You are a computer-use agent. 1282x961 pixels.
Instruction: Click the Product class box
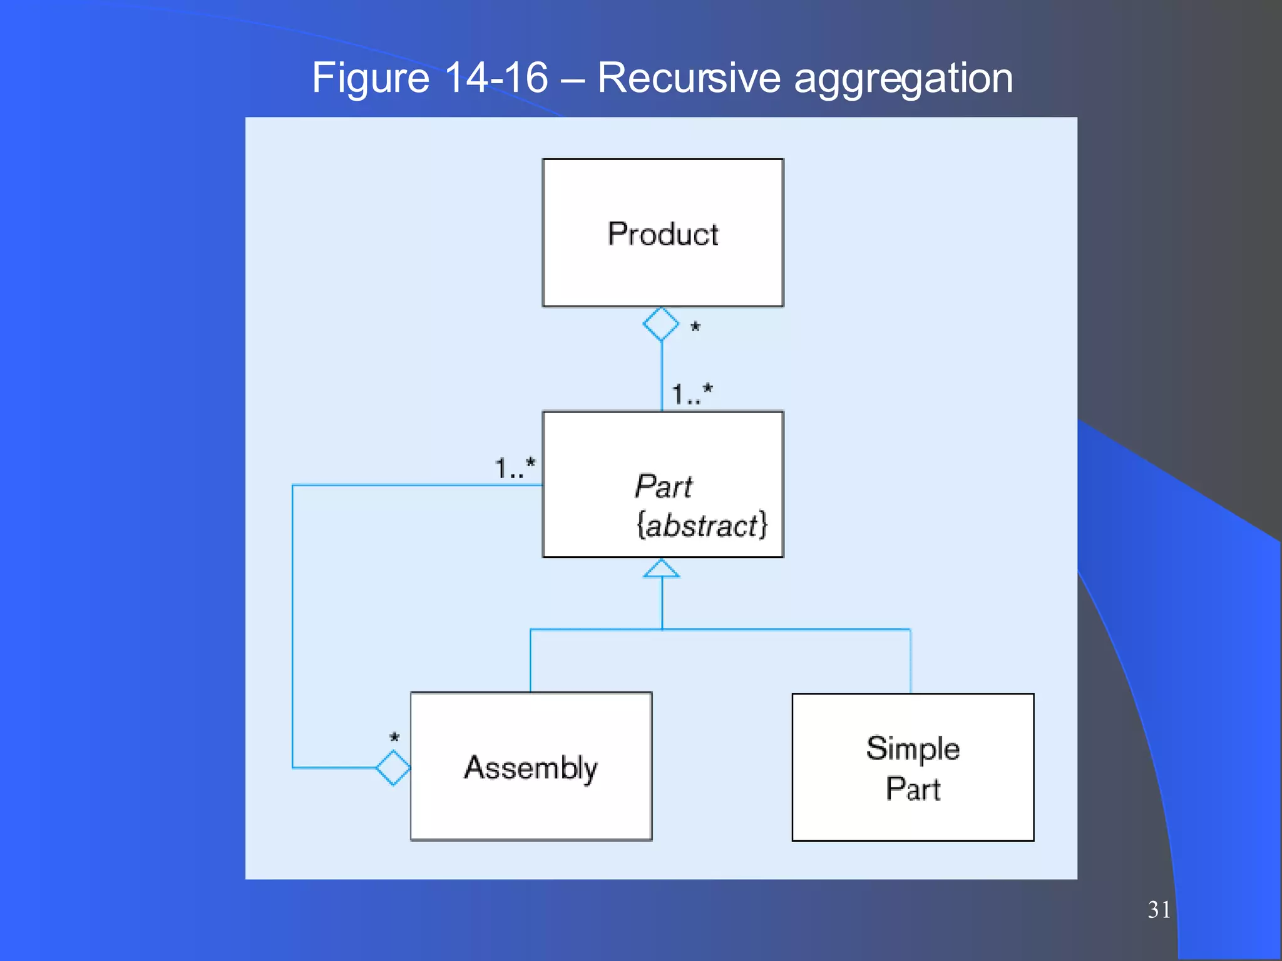pos(662,233)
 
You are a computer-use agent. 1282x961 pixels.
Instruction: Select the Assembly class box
pos(531,766)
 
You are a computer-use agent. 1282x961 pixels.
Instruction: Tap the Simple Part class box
pos(913,768)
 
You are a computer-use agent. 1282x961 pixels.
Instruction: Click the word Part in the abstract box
pos(664,486)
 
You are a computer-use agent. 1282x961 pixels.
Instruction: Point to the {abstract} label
pos(701,525)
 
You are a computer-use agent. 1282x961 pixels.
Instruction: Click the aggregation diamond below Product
pos(661,324)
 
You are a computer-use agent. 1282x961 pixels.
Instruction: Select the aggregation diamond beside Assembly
pos(393,767)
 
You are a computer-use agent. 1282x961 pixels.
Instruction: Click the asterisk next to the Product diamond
pos(695,327)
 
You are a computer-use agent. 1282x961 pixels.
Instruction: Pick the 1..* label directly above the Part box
pos(692,394)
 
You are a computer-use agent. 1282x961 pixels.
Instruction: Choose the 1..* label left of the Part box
pos(515,468)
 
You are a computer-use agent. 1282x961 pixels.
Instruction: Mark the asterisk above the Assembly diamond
pos(394,738)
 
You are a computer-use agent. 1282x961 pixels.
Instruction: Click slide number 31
pos(1159,910)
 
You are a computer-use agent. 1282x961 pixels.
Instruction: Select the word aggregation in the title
pos(903,79)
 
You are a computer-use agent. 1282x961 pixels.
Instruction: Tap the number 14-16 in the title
pos(496,78)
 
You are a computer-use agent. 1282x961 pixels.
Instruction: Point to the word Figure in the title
pos(370,79)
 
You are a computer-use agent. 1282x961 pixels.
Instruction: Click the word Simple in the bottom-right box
pos(913,748)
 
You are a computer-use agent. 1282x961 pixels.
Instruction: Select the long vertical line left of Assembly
pos(293,626)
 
